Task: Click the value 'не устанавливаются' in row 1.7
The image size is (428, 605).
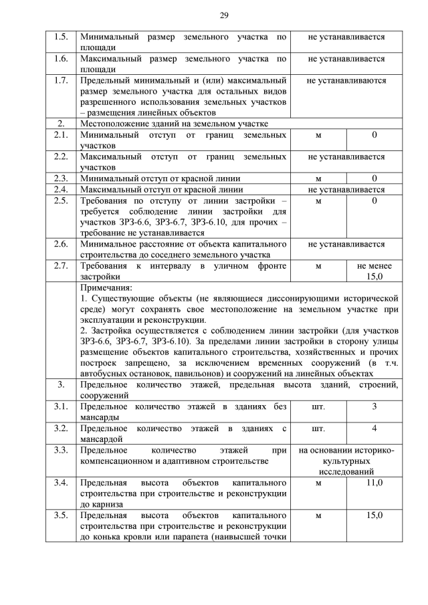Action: (346, 80)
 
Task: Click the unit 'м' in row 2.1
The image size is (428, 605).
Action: (318, 135)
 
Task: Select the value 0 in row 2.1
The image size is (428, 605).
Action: (374, 135)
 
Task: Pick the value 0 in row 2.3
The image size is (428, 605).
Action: (374, 178)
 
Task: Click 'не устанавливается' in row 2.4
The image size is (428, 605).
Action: (346, 189)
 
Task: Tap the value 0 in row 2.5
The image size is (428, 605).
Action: (374, 201)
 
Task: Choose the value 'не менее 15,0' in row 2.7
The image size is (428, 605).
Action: (374, 271)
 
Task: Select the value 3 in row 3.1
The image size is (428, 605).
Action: (374, 406)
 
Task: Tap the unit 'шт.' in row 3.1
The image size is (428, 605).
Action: (318, 406)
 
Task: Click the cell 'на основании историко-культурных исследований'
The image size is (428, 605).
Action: (346, 461)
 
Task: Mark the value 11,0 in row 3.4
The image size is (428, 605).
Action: (374, 482)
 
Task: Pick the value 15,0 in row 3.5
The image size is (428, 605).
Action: (374, 515)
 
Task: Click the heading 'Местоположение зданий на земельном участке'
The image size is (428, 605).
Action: (174, 124)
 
